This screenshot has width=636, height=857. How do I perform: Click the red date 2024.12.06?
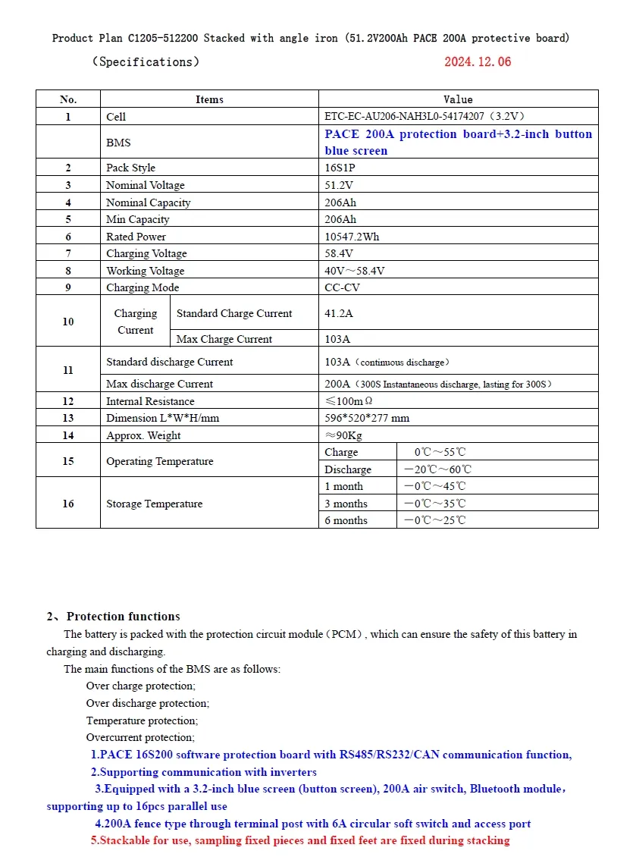[478, 62]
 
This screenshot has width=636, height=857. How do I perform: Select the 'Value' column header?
[458, 99]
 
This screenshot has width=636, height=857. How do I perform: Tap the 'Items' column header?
[209, 99]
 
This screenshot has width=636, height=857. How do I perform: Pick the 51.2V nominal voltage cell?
[339, 186]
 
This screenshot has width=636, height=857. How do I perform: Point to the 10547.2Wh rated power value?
[352, 237]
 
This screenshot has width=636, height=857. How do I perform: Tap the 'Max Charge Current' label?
[224, 340]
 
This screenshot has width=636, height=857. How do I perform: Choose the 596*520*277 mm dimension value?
[367, 419]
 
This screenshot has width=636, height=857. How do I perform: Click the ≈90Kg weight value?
[343, 435]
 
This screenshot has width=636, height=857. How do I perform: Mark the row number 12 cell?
[68, 401]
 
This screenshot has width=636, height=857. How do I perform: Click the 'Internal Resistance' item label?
[150, 401]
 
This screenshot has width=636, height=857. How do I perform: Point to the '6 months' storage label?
[346, 520]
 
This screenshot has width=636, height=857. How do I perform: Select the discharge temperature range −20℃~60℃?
[437, 469]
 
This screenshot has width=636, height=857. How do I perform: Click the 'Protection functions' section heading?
[123, 617]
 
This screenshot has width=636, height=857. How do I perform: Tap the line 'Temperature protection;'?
[142, 720]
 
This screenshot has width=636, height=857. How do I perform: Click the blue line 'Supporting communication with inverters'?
[204, 772]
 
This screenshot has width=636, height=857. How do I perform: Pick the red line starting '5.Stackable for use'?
[300, 840]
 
